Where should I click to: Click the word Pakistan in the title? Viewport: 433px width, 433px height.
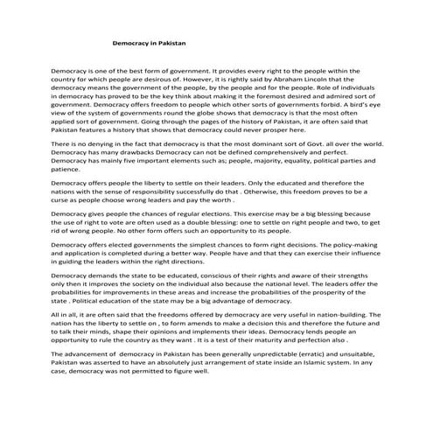(171, 41)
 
